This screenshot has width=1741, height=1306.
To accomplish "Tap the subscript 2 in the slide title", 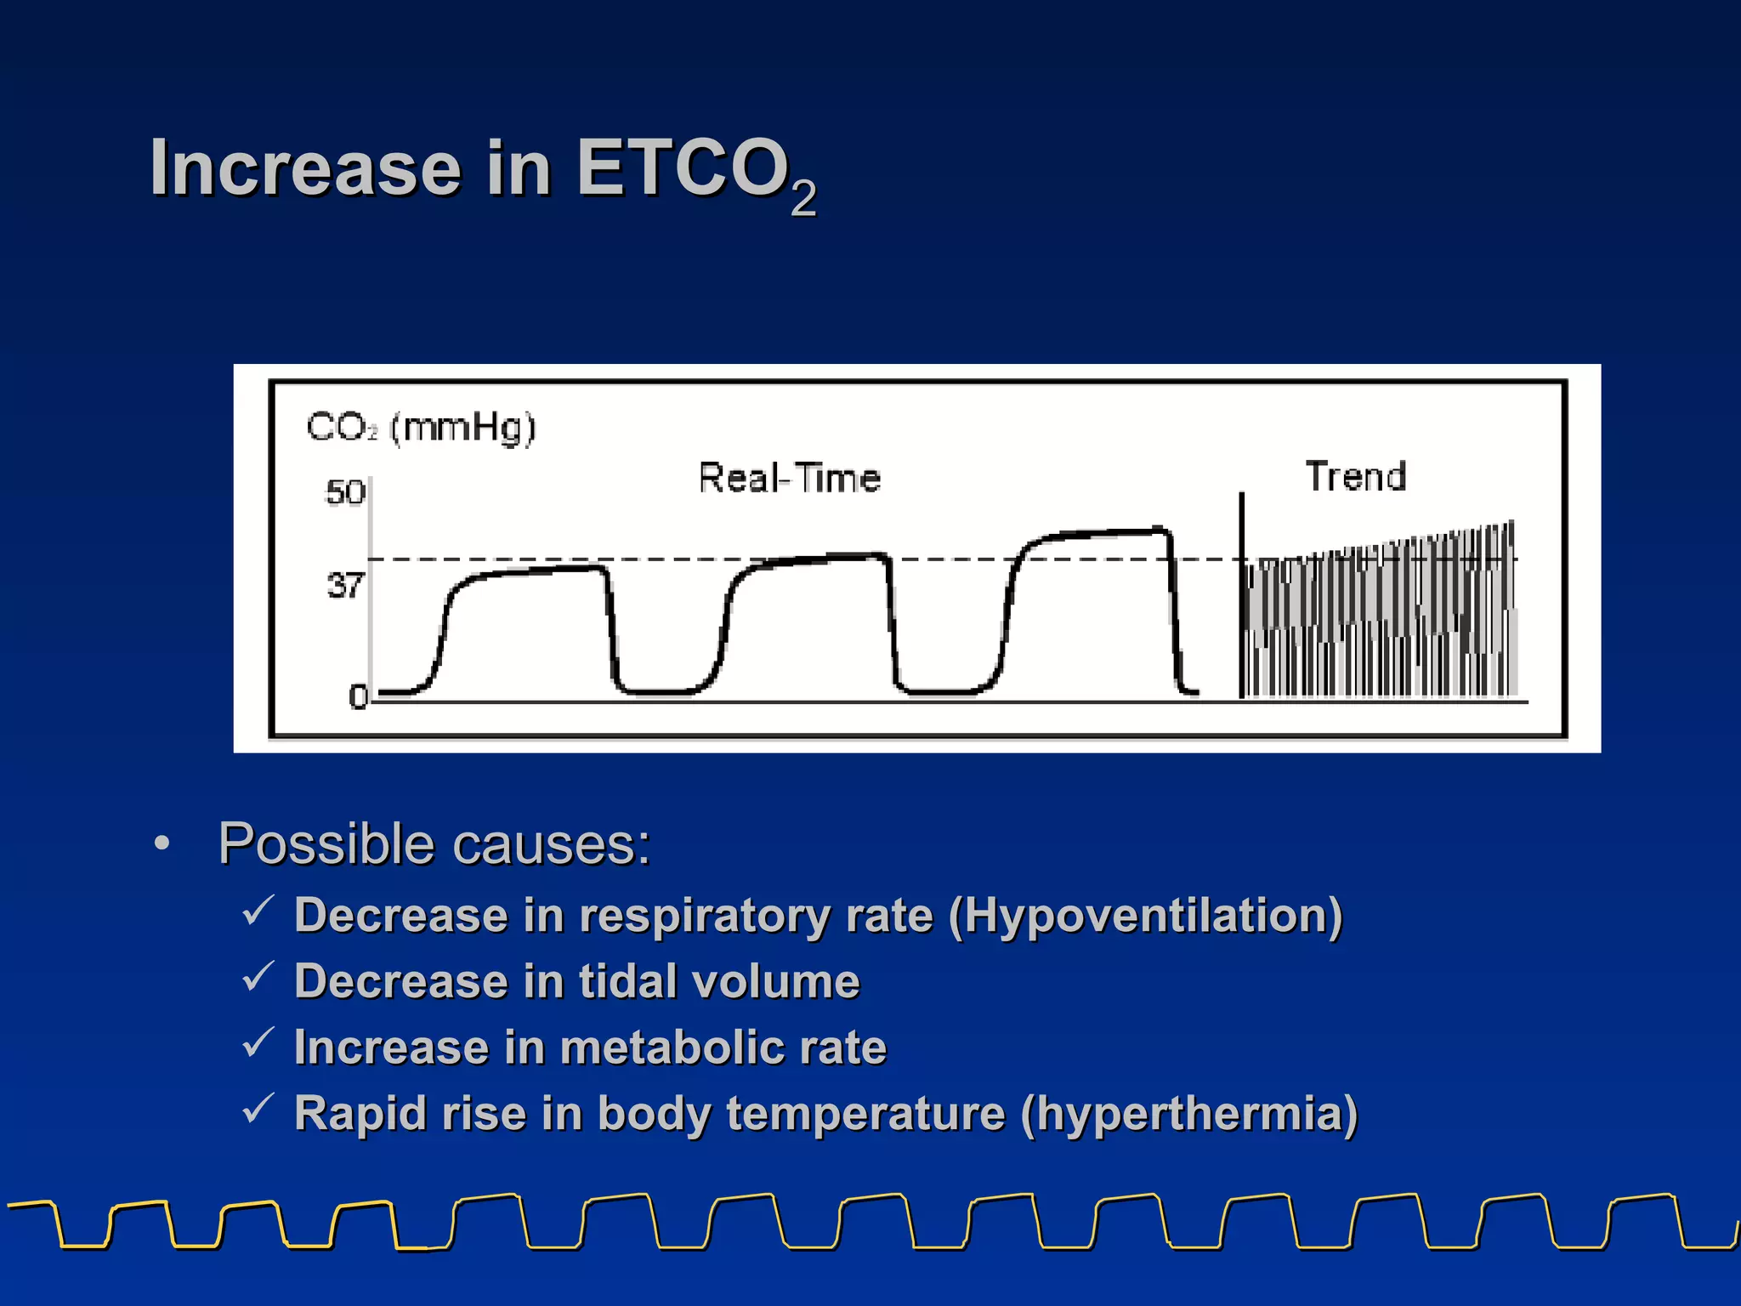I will [x=802, y=199].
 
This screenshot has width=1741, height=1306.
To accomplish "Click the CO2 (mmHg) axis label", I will [x=421, y=427].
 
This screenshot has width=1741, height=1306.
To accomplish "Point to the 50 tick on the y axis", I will [x=345, y=492].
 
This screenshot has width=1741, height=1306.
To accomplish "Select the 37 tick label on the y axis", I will [x=345, y=586].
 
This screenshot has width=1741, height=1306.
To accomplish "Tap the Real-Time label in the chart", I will [x=789, y=478].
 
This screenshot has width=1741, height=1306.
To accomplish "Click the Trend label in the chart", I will [x=1355, y=476].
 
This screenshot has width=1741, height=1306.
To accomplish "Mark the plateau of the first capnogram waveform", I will [x=536, y=571].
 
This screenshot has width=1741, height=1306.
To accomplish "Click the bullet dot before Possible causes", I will [x=162, y=845].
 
